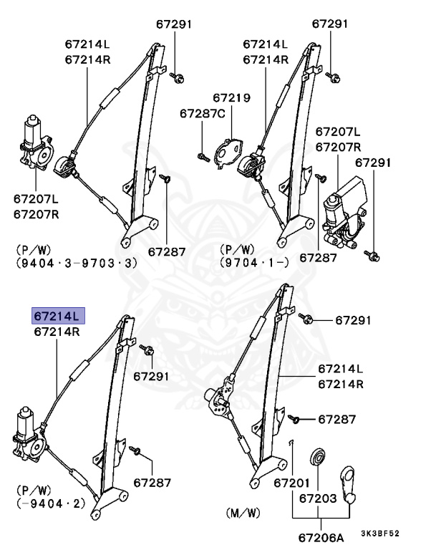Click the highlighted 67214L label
[57, 315]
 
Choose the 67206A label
[320, 537]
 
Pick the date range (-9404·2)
[47, 503]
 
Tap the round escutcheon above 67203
[317, 458]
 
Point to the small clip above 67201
[293, 445]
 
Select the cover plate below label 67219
[230, 153]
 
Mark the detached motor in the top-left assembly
[35, 145]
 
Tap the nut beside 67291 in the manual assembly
[306, 319]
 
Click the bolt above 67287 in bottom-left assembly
[137, 452]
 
